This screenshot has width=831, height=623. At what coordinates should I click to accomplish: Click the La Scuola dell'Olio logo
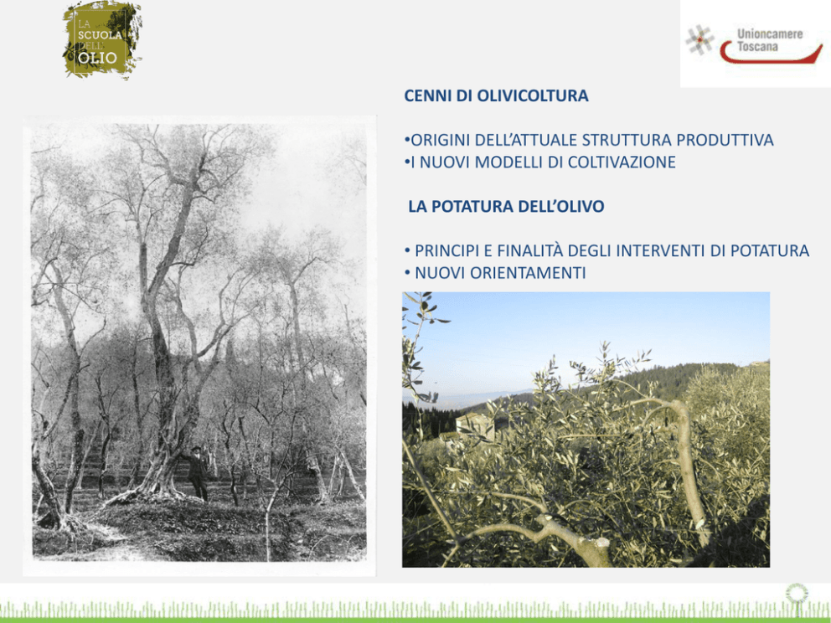[102, 39]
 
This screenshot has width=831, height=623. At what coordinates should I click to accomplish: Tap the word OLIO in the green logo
[97, 57]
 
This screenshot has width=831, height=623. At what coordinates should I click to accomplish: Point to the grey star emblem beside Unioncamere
[699, 40]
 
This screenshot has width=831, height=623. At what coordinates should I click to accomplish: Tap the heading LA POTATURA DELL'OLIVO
[506, 207]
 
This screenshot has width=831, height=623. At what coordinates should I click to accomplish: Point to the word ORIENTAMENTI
[527, 273]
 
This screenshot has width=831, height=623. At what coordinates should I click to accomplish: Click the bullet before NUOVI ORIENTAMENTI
[408, 273]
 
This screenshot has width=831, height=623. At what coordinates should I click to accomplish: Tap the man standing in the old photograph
[199, 473]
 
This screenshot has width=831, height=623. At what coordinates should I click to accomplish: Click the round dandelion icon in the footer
[797, 594]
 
